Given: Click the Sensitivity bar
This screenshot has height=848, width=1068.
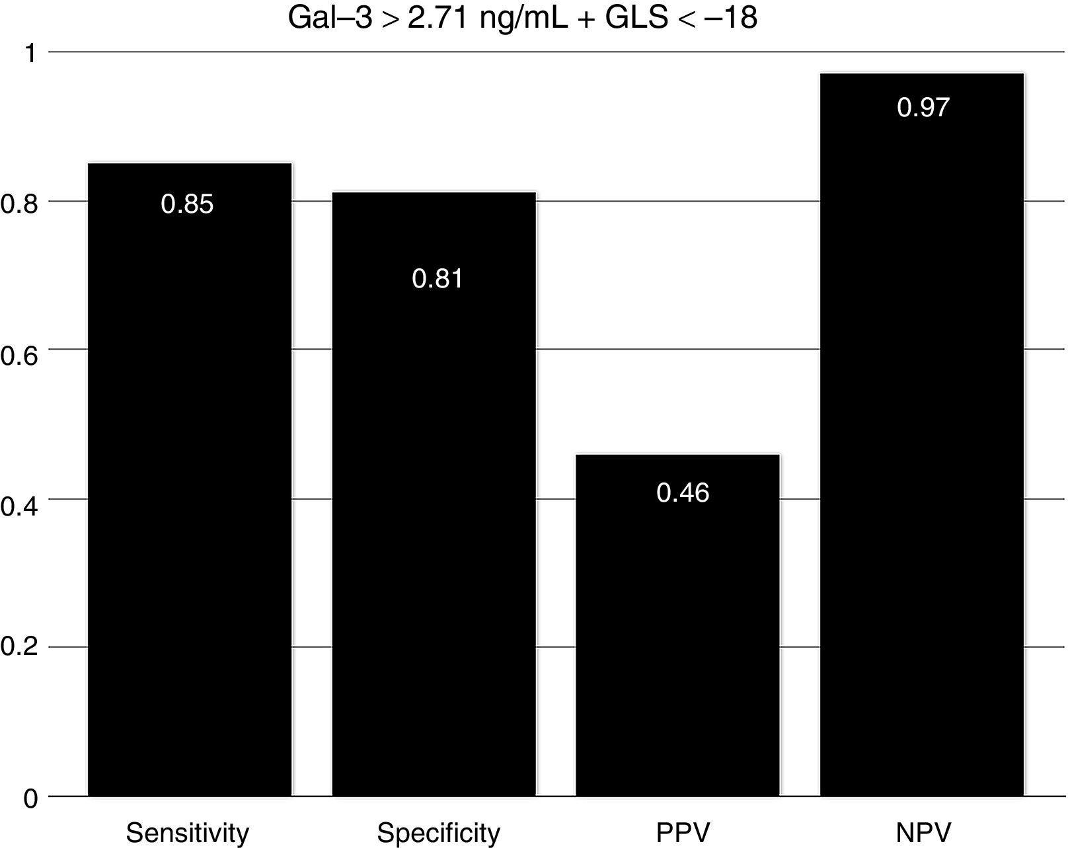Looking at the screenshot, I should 190,479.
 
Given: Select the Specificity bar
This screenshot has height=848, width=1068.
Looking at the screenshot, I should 434,494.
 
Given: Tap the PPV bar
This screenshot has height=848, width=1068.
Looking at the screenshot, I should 677,625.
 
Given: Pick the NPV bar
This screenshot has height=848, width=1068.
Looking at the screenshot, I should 922,434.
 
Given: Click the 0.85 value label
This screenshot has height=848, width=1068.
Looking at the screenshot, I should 187,204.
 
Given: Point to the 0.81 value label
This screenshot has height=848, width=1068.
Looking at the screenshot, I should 438,278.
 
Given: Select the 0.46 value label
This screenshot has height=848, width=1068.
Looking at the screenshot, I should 683,493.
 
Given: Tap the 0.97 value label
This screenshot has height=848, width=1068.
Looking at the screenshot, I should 923,107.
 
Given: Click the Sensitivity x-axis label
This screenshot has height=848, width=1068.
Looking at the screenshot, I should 188,833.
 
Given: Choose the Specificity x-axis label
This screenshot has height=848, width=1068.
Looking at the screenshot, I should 438,833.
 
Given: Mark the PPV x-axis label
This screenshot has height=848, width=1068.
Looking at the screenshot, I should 683,833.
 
